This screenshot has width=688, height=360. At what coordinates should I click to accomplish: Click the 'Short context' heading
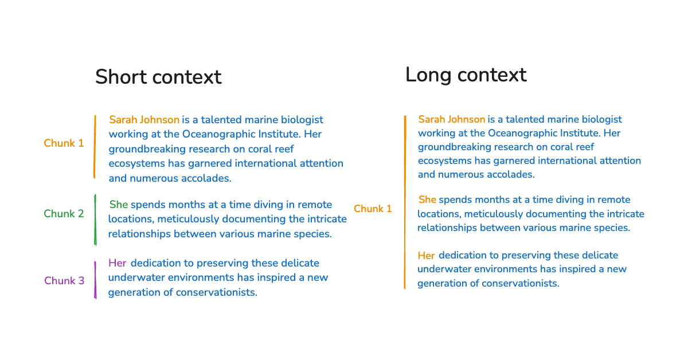pyautogui.click(x=158, y=77)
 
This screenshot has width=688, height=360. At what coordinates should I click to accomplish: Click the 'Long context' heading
pyautogui.click(x=466, y=75)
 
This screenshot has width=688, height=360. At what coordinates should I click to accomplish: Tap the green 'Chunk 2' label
pyautogui.click(x=64, y=214)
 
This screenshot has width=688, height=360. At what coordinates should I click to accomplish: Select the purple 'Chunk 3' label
pyautogui.click(x=64, y=281)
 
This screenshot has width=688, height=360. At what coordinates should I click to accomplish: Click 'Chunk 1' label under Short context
pyautogui.click(x=64, y=143)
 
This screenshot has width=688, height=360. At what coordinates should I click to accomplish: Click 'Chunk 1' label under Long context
pyautogui.click(x=373, y=209)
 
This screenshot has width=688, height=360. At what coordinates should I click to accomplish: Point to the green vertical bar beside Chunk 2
pyautogui.click(x=95, y=220)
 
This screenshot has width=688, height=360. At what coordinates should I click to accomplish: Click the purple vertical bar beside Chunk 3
pyautogui.click(x=95, y=280)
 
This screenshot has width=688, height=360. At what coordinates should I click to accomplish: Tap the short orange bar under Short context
pyautogui.click(x=95, y=147)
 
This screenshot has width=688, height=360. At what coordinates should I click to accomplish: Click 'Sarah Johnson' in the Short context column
pyautogui.click(x=144, y=120)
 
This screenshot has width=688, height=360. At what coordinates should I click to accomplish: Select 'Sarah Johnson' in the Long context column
pyautogui.click(x=451, y=119)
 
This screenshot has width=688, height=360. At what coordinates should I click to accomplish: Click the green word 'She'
pyautogui.click(x=119, y=205)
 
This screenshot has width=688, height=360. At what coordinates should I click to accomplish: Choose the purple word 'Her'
pyautogui.click(x=117, y=263)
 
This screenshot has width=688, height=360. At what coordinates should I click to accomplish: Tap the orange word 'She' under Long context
pyautogui.click(x=427, y=199)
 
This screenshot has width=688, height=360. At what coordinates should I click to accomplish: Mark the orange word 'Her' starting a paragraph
pyautogui.click(x=426, y=255)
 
